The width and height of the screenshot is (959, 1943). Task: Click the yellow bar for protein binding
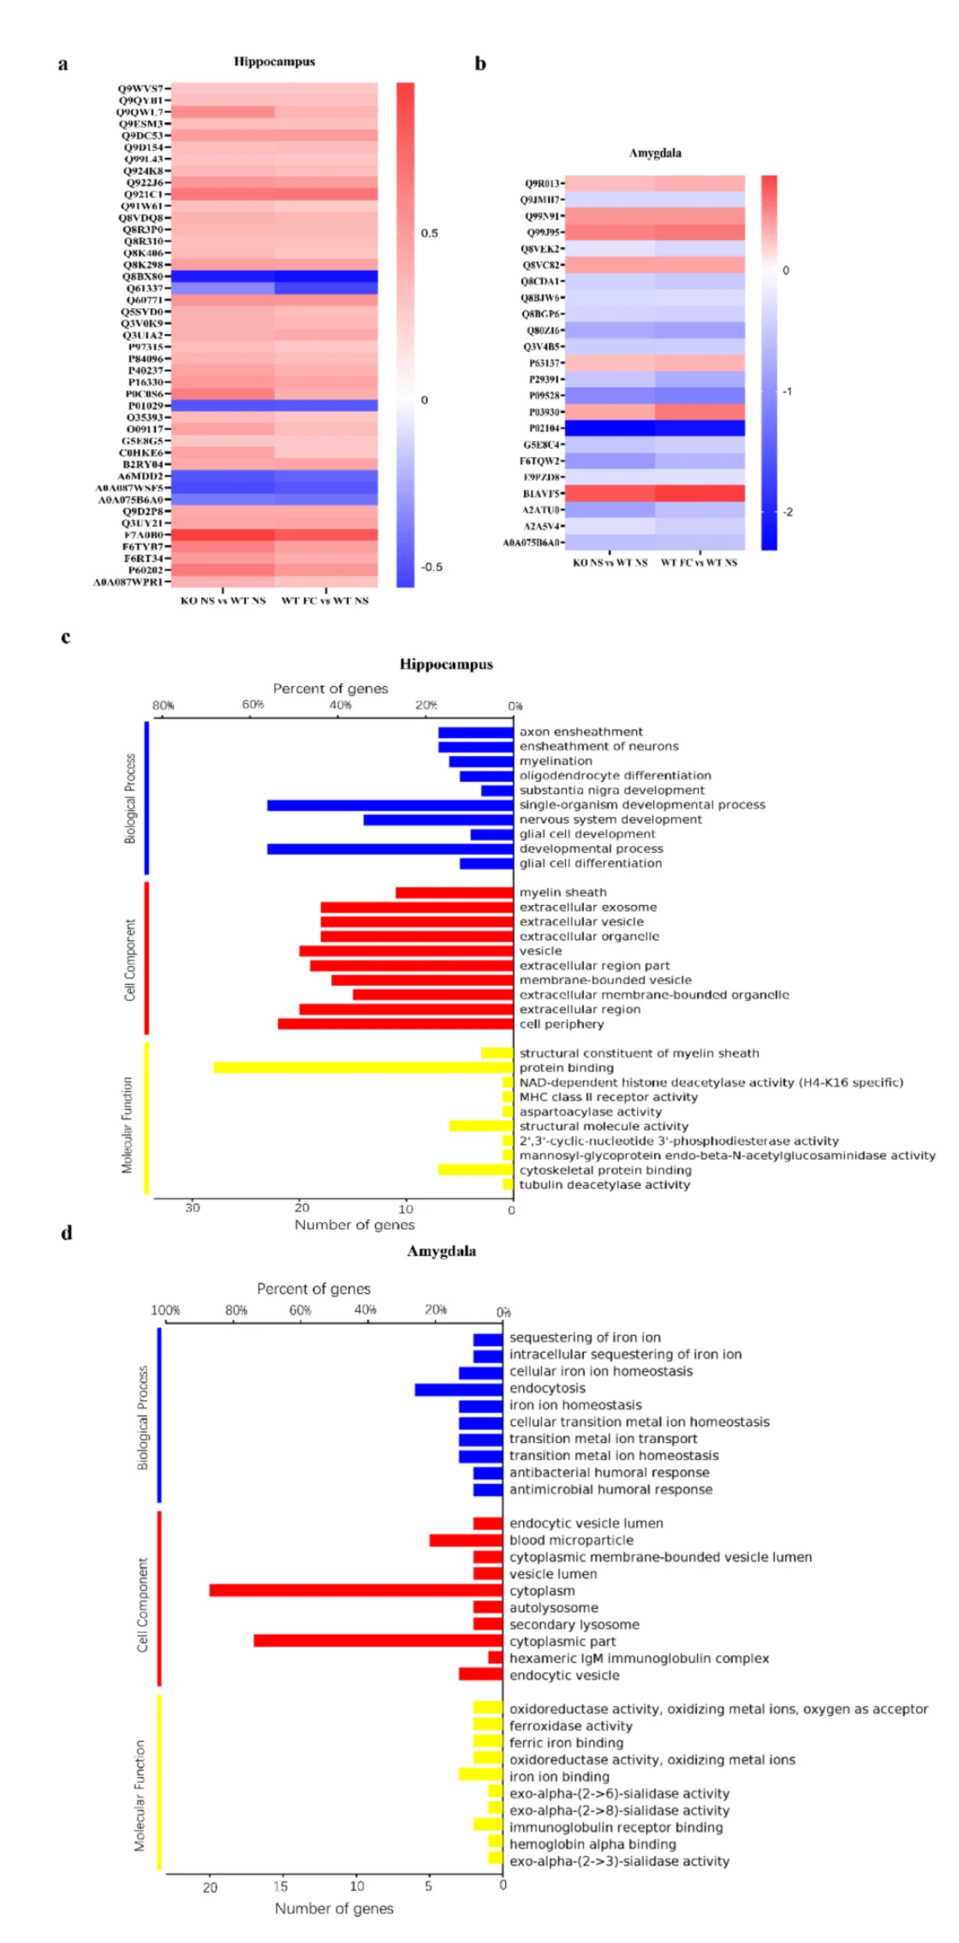point(363,1068)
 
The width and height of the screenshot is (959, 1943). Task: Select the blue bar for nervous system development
point(438,820)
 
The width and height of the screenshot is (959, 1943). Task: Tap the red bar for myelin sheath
point(454,892)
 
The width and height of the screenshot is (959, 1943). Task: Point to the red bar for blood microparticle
point(466,1540)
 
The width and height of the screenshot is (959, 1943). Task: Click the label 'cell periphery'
point(562,1024)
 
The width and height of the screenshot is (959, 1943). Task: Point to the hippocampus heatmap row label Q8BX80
point(142,277)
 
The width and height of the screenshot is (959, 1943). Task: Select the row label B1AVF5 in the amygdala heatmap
point(544,493)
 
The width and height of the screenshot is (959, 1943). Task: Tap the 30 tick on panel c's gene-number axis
point(193,1208)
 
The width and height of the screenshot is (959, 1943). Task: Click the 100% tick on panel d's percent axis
point(165,1311)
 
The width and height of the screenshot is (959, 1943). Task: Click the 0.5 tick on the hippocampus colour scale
point(429,233)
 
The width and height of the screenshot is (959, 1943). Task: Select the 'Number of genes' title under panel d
point(334,1908)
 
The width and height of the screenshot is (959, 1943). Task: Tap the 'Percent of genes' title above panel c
point(331,688)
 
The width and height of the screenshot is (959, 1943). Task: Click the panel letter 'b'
point(480,63)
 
